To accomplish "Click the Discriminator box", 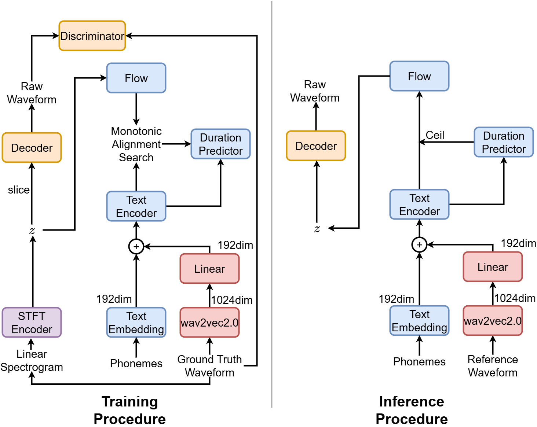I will tap(92, 36).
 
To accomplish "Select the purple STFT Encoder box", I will tap(32, 323).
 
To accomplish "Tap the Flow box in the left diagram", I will tap(136, 78).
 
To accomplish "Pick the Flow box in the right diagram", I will tap(419, 76).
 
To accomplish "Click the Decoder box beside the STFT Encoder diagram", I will tap(32, 148).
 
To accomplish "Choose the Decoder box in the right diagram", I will tap(316, 146).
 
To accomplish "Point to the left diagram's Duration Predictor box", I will tap(220, 144).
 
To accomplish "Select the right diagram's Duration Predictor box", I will tap(504, 142).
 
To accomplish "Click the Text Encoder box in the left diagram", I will tap(136, 206).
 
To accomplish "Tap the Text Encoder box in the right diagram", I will tap(419, 205).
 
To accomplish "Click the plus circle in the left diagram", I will tap(136, 247).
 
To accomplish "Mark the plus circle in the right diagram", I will tap(419, 245).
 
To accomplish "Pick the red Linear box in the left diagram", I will tap(209, 269).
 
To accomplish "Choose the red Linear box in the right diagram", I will tap(493, 267).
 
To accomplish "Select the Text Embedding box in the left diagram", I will tap(136, 323).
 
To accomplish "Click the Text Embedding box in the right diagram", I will tap(419, 321).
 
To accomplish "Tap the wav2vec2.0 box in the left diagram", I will tap(209, 323).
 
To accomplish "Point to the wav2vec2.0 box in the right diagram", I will tap(493, 321).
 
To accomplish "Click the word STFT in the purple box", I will tap(32, 316).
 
